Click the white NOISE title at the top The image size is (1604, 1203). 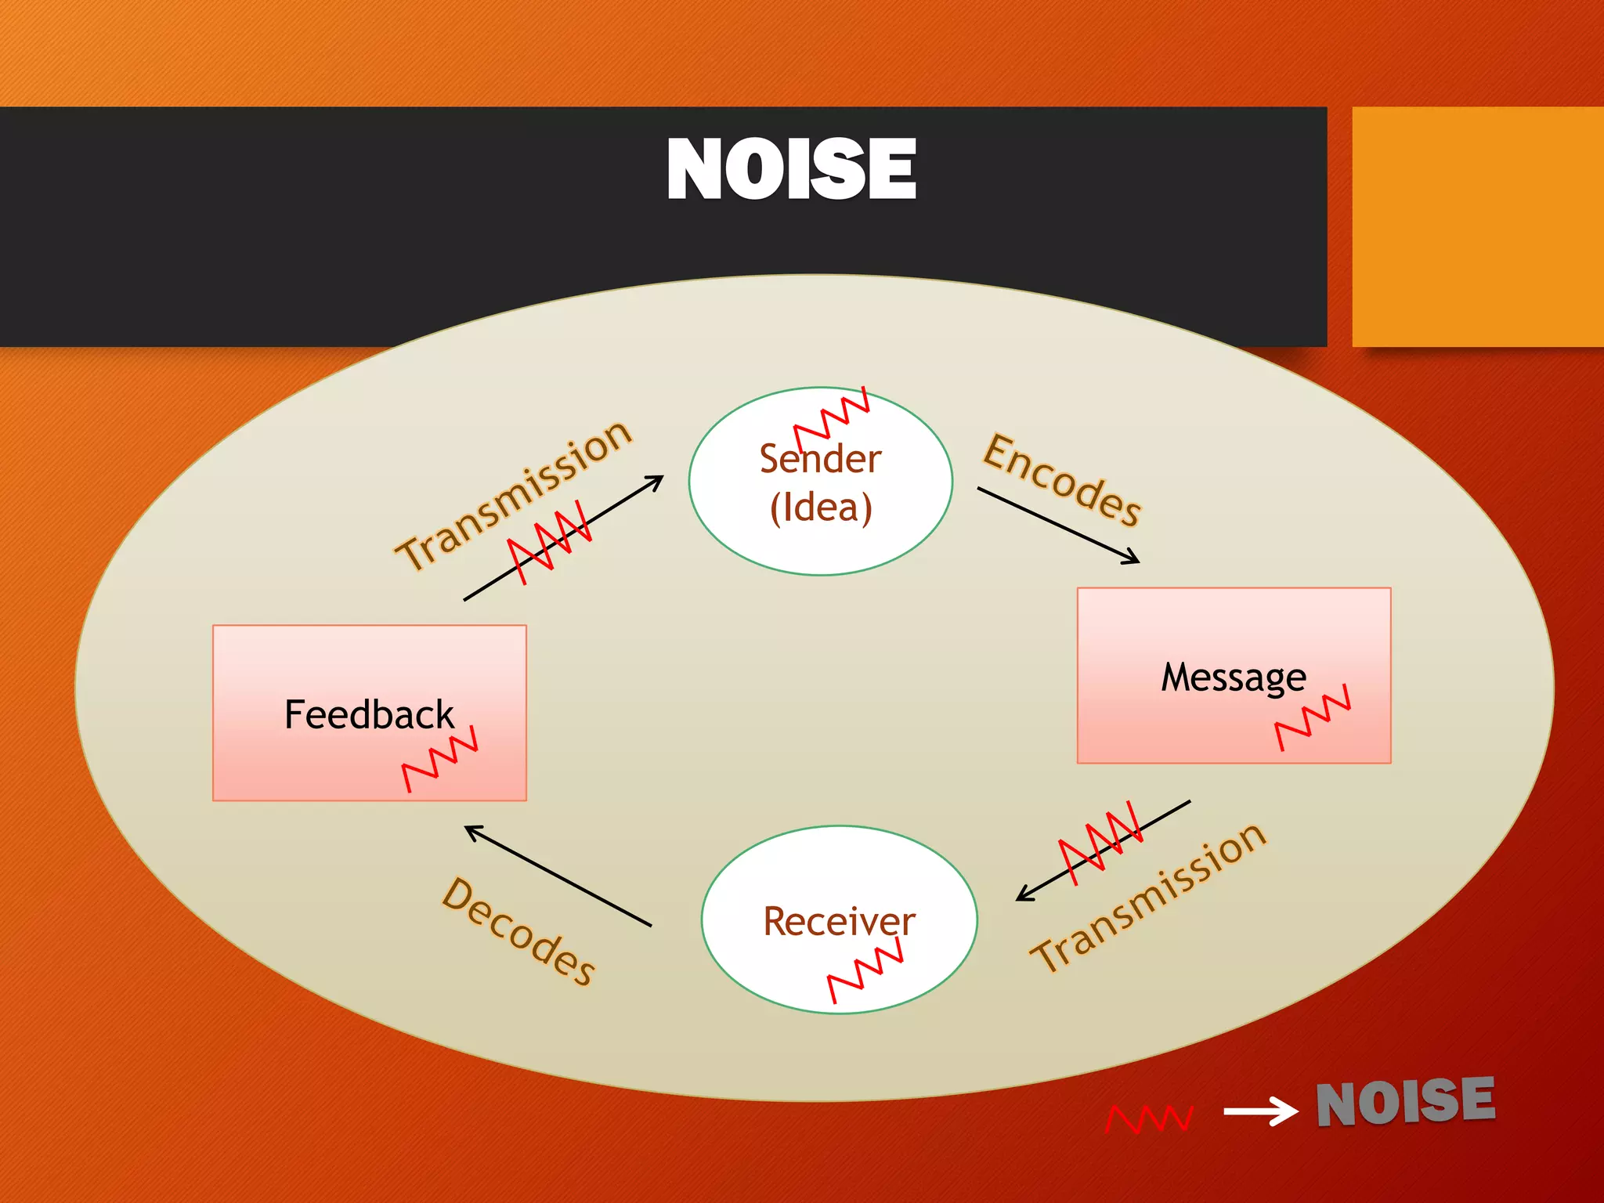click(x=791, y=169)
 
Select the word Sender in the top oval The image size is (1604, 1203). click(x=820, y=458)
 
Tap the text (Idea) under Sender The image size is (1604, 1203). click(x=820, y=508)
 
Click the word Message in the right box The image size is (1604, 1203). click(x=1233, y=677)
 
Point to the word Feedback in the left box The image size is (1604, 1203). click(x=369, y=715)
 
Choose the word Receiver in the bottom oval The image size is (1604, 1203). click(x=839, y=921)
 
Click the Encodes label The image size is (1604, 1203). click(x=1062, y=480)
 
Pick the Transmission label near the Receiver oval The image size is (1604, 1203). click(x=1148, y=897)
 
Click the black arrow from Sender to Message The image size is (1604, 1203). click(x=1057, y=525)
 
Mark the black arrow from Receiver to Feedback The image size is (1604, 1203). click(x=558, y=876)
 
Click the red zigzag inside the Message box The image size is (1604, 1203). click(x=1313, y=717)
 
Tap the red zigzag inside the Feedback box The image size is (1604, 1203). click(x=439, y=759)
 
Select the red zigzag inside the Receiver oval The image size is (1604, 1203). click(x=865, y=973)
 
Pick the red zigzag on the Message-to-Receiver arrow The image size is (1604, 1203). click(x=1100, y=843)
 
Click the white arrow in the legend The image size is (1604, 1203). click(x=1260, y=1111)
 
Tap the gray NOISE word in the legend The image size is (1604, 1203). click(x=1405, y=1102)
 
